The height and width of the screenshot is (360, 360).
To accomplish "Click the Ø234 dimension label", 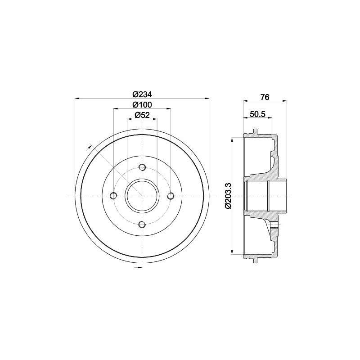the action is pyautogui.click(x=142, y=94).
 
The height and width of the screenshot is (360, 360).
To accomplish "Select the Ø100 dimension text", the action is pyautogui.click(x=142, y=105).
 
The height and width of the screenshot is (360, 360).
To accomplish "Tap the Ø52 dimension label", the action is pyautogui.click(x=142, y=115).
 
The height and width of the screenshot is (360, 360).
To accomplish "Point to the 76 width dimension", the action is pyautogui.click(x=265, y=97).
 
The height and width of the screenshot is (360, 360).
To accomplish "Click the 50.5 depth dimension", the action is pyautogui.click(x=257, y=114).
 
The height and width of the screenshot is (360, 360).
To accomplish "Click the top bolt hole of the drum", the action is pyautogui.click(x=142, y=167).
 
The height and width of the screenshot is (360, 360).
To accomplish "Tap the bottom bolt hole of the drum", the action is pyautogui.click(x=142, y=225).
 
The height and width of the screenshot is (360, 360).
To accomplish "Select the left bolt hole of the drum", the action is pyautogui.click(x=114, y=196).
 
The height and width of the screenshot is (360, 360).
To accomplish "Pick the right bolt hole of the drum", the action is pyautogui.click(x=171, y=196).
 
